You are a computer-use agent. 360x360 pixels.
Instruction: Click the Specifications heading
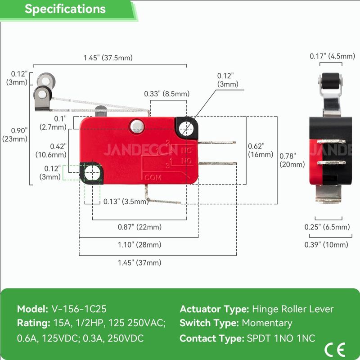tap(65, 9)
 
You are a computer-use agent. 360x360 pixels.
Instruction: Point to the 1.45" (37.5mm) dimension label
tap(108, 58)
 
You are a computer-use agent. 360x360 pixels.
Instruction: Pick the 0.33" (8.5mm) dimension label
tap(167, 94)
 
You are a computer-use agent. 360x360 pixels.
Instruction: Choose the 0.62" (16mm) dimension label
tap(261, 150)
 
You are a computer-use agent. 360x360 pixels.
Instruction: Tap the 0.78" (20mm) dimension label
tap(292, 160)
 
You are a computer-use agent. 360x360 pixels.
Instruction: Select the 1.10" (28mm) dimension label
tap(139, 245)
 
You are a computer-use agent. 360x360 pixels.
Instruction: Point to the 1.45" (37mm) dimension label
tap(139, 263)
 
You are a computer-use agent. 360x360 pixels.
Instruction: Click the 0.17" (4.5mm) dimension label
tap(332, 56)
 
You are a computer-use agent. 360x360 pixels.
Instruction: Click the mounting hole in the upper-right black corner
tap(186, 128)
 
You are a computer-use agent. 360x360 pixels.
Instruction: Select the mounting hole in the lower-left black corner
tap(91, 172)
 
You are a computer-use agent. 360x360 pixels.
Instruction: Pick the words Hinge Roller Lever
tap(293, 309)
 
